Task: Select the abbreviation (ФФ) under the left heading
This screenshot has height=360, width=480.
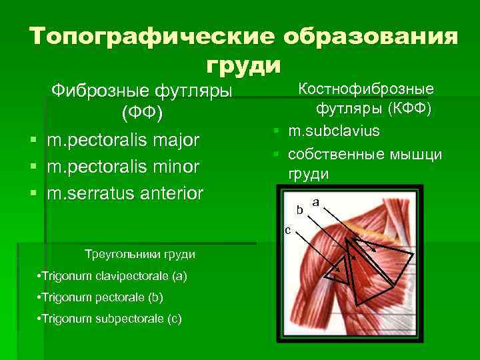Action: [x=141, y=113]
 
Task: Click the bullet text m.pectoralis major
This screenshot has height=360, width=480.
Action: [x=123, y=141]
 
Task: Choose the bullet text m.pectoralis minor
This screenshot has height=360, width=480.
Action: [x=123, y=167]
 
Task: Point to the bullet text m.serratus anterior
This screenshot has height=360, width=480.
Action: [x=125, y=193]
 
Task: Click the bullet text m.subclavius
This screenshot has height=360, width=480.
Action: [x=334, y=130]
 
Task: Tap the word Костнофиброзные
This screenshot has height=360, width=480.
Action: [x=366, y=88]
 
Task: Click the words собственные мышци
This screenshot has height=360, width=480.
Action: [x=365, y=154]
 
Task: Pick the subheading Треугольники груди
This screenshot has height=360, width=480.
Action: [x=140, y=254]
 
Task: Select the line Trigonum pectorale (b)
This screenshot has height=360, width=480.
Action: [x=101, y=297]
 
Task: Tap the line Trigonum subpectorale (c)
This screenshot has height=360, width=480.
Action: [x=110, y=318]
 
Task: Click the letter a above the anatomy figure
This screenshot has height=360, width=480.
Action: [x=315, y=201]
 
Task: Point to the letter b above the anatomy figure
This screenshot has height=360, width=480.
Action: [x=300, y=209]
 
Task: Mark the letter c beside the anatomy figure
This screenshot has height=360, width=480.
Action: [x=287, y=231]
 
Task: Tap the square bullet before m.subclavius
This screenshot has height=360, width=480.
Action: [x=274, y=131]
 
